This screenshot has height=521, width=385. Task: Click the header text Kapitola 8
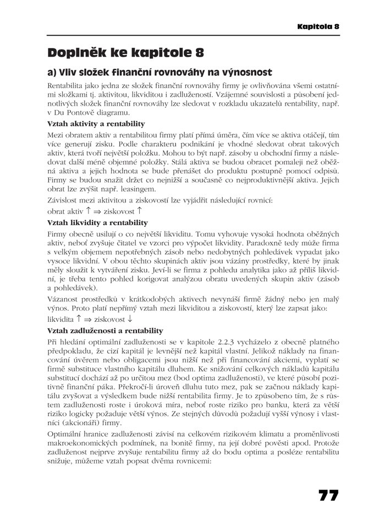pyautogui.click(x=318, y=26)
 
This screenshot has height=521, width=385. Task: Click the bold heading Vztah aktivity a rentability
pyautogui.click(x=96, y=123)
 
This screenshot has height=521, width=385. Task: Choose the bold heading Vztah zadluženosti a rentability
pyautogui.click(x=106, y=330)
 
